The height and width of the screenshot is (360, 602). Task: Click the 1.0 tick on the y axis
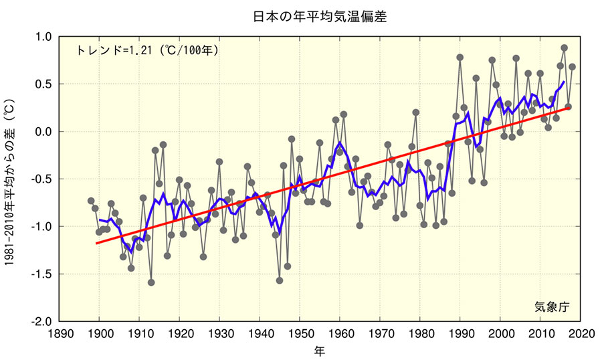pyautogui.click(x=43, y=37)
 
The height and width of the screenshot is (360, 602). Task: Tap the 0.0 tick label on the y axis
pyautogui.click(x=43, y=132)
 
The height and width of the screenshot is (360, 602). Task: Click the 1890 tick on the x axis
pyautogui.click(x=60, y=333)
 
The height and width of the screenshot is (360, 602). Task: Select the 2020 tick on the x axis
pyautogui.click(x=581, y=333)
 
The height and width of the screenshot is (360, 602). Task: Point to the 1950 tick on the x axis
pyautogui.click(x=300, y=333)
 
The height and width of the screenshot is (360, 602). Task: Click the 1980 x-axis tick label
pyautogui.click(x=420, y=333)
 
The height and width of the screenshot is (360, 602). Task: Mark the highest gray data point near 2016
pyautogui.click(x=565, y=48)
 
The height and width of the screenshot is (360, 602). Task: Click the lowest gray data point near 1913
pyautogui.click(x=151, y=282)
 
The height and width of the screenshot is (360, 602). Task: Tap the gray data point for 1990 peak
pyautogui.click(x=460, y=58)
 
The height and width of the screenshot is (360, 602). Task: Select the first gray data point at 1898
pyautogui.click(x=91, y=201)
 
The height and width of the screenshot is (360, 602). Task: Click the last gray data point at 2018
pyautogui.click(x=573, y=67)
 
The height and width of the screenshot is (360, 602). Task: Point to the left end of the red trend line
pyautogui.click(x=96, y=243)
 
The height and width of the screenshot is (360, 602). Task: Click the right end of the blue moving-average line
pyautogui.click(x=564, y=82)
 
